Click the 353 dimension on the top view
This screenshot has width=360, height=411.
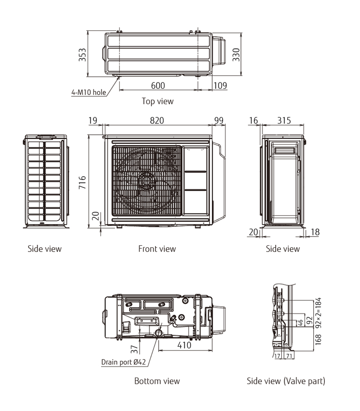[x=82, y=55]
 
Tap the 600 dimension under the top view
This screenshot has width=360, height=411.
[x=158, y=85]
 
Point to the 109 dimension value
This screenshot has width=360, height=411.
[x=220, y=85]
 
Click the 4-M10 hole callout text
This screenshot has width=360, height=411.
[x=88, y=92]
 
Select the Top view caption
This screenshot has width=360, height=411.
[x=157, y=101]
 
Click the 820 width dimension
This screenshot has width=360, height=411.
[x=157, y=120]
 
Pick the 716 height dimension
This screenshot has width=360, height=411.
[x=82, y=182]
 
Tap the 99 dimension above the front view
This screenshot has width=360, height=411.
[x=219, y=120]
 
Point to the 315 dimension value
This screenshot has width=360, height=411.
[x=284, y=120]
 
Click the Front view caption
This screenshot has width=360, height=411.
[x=157, y=249]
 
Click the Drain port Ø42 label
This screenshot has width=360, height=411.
[x=123, y=362]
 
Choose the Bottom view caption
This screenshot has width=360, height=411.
[x=157, y=381]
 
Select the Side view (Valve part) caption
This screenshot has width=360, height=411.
[x=286, y=381]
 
